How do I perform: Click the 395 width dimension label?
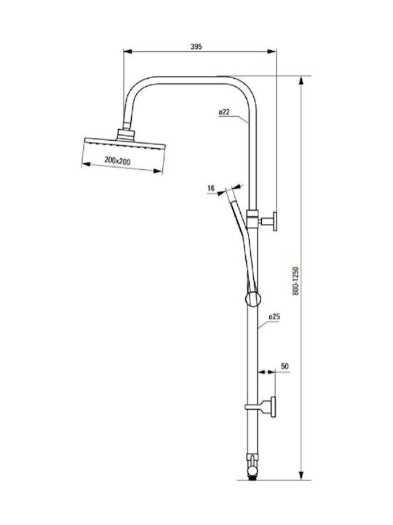[x=196, y=47]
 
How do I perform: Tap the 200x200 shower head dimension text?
[x=117, y=161]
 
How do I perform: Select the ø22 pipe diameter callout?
[x=224, y=112]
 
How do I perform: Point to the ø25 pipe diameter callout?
[x=274, y=316]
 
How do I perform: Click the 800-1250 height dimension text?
[x=295, y=281]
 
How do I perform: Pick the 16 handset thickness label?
[x=211, y=189]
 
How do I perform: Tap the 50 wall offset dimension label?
[x=285, y=366]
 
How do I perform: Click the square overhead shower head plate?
[x=125, y=144]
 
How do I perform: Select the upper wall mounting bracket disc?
[x=274, y=222]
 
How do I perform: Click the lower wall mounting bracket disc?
[x=274, y=407]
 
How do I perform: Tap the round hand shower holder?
[x=253, y=299]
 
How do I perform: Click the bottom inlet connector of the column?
[x=253, y=467]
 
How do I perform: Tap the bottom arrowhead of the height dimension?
[x=301, y=475]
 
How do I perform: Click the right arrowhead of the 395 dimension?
[x=271, y=51]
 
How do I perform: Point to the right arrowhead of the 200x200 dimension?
[x=157, y=171]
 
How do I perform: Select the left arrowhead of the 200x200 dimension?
[x=86, y=164]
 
